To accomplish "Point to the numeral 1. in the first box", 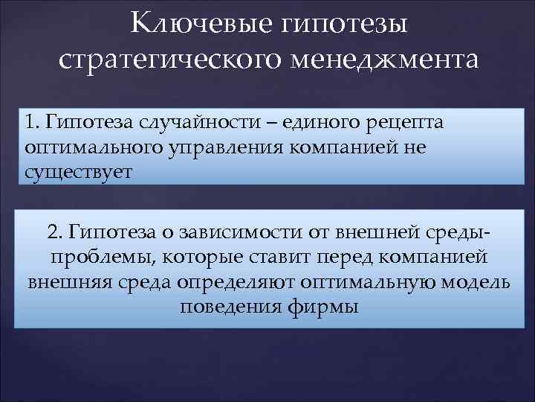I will (x=31, y=121).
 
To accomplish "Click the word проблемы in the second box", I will (x=86, y=258).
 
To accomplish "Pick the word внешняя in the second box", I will (x=62, y=283).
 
